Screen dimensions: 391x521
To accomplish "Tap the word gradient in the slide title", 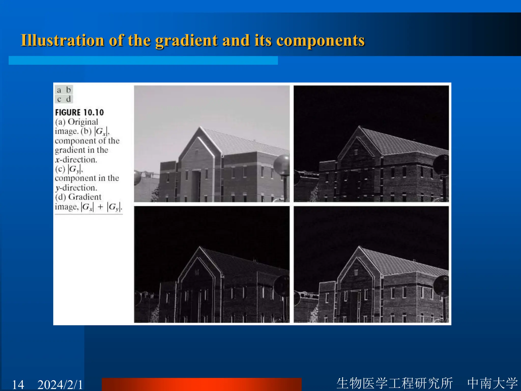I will coord(186,41).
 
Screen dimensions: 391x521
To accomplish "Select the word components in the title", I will coord(320,41).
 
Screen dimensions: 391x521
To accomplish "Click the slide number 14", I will coord(18,384).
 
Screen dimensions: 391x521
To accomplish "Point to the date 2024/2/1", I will coord(60,384).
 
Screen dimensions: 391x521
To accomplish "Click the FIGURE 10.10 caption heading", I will coord(79,113).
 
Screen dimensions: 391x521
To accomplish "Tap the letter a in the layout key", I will coord(59,90).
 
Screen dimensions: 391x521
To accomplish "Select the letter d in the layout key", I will coord(68,99).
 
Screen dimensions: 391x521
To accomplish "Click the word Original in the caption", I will coord(83,122).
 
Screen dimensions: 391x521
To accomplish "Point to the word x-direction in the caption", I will coord(76,160).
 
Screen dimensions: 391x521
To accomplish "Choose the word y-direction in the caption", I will coord(76,188).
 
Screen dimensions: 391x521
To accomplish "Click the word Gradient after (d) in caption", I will coord(85,197).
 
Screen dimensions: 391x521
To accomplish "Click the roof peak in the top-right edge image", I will coord(359,127).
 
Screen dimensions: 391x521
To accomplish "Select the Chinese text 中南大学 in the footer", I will coord(492,383).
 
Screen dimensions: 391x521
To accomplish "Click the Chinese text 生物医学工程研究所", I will coord(395,383).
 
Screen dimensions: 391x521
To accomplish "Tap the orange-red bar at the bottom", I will coord(201,384).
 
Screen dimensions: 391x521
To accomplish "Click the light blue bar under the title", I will coord(143,61).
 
